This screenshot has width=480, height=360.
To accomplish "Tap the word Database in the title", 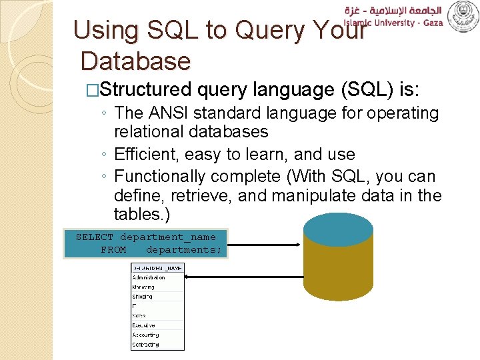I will pyautogui.click(x=135, y=61).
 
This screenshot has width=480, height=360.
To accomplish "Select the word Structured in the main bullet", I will pyautogui.click(x=146, y=89).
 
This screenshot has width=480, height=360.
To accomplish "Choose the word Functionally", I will pyautogui.click(x=160, y=177).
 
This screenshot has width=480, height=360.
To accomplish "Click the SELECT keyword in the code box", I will pyautogui.click(x=94, y=237).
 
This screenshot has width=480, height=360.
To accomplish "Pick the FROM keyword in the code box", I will pyautogui.click(x=113, y=250).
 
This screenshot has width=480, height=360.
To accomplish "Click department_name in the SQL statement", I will pyautogui.click(x=167, y=237).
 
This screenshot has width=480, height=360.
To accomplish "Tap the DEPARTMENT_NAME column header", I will pyautogui.click(x=157, y=268).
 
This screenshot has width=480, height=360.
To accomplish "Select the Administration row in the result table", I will pyautogui.click(x=149, y=277).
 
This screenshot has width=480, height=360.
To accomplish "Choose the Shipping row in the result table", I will pyautogui.click(x=143, y=297).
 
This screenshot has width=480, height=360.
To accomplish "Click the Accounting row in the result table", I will pyautogui.click(x=146, y=335).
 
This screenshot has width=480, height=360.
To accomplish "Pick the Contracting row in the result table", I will pyautogui.click(x=146, y=345).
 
